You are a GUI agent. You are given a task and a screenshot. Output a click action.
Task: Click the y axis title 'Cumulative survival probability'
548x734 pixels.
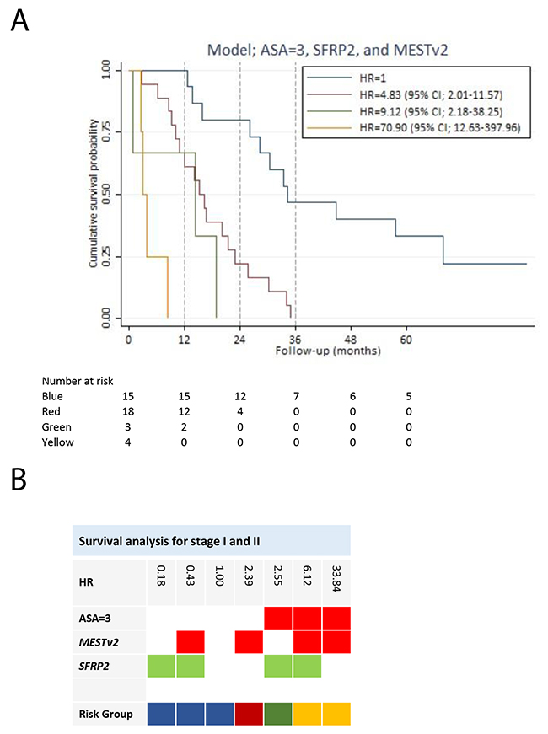coord(94,193)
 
